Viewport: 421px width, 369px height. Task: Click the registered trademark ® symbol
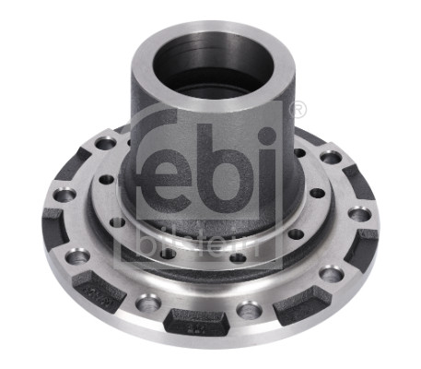click(x=298, y=111)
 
